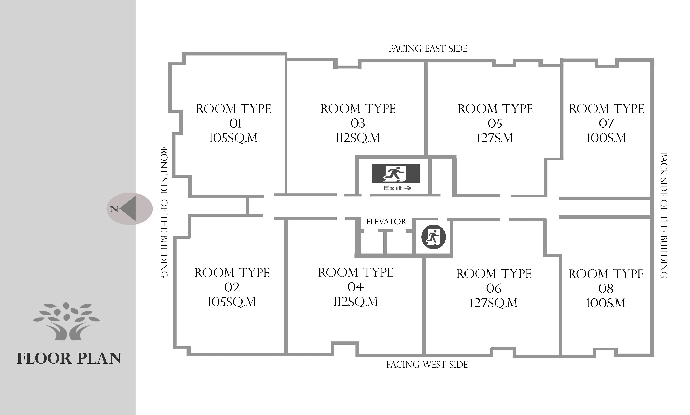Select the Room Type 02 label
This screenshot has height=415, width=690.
pos(232,287)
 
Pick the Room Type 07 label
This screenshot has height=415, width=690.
pos(606,123)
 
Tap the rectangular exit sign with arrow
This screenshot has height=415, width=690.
pos(395,178)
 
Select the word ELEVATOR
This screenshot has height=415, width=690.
pos(386,222)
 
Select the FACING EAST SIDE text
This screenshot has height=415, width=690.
pos(428,49)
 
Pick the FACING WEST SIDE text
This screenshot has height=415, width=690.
pos(427,365)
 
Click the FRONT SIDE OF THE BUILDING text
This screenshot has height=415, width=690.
pos(164,211)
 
